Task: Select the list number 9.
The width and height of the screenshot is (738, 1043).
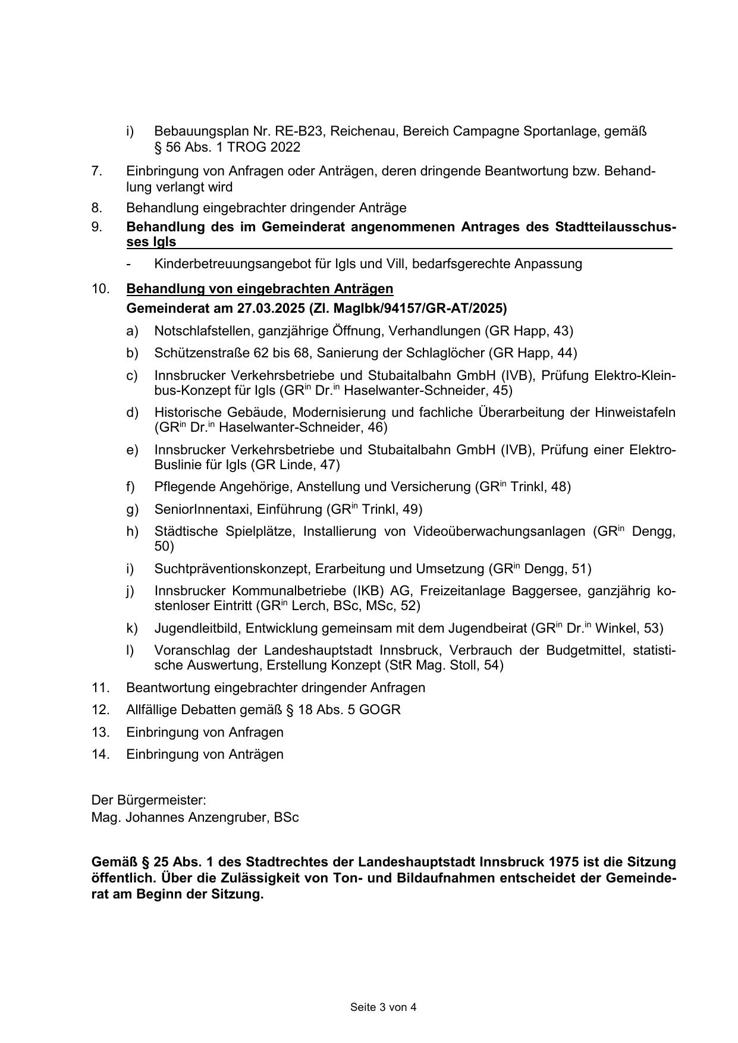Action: click(x=97, y=227)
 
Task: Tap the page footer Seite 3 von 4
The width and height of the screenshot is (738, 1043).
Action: click(x=383, y=1007)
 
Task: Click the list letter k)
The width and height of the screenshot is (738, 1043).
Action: click(x=131, y=628)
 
